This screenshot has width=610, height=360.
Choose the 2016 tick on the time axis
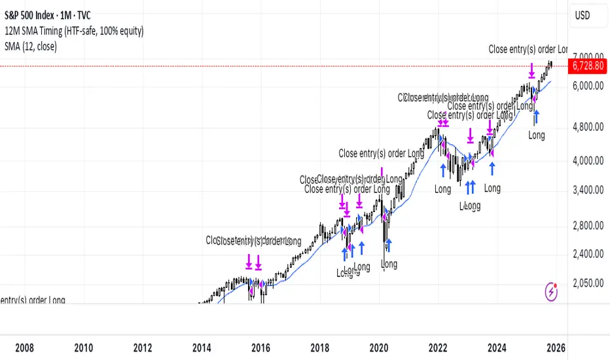(261, 347)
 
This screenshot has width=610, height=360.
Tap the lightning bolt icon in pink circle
(551, 293)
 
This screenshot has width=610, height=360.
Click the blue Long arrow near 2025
(537, 117)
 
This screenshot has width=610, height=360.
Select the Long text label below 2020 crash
(389, 264)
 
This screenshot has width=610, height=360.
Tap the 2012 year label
(143, 347)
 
